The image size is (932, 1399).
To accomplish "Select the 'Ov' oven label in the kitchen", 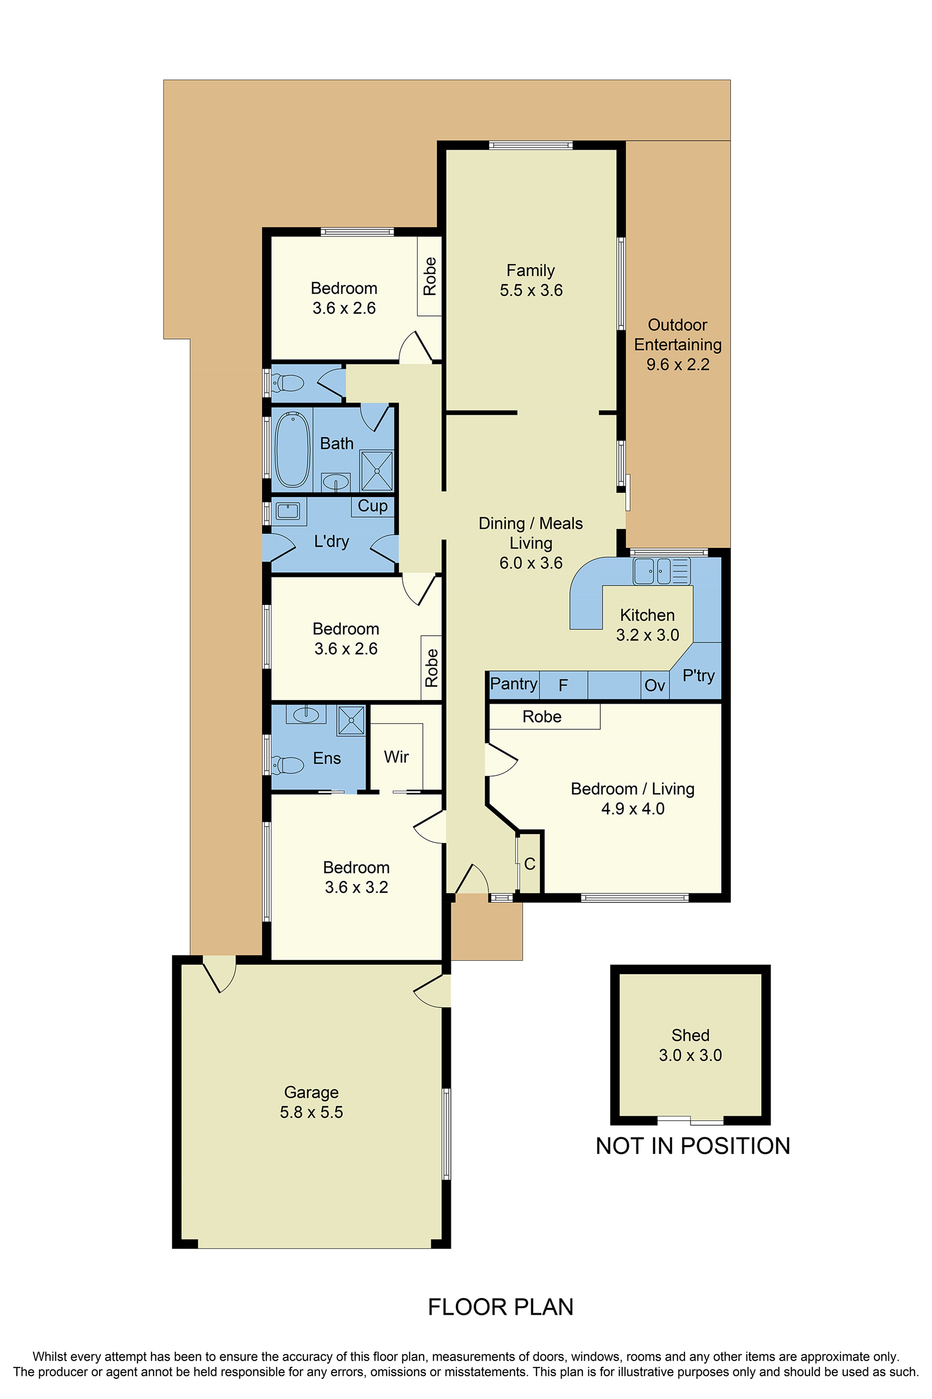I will (x=654, y=686).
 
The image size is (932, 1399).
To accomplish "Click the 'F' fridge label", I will (x=563, y=686).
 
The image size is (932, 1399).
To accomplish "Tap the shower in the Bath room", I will (x=376, y=470).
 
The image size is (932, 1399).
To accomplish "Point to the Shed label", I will (x=690, y=1035).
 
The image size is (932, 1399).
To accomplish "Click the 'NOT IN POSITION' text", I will (x=692, y=1146).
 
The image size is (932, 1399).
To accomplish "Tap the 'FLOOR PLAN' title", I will (x=501, y=1306).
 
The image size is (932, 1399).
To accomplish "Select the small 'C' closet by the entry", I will (x=530, y=863).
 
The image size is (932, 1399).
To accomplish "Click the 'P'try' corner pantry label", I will (x=698, y=676).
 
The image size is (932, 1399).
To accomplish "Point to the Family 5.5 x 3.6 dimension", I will (x=531, y=290).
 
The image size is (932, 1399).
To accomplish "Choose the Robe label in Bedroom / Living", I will (x=541, y=716).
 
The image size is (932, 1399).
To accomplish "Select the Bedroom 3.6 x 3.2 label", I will (x=356, y=877).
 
